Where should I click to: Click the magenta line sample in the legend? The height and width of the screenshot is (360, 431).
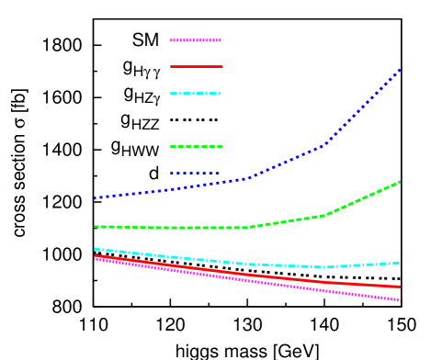tap(196, 40)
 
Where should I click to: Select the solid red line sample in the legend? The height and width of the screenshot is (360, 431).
tap(196, 66)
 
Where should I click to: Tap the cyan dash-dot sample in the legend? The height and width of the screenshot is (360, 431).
tap(196, 93)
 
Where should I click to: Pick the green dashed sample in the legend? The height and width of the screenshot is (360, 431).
tap(196, 146)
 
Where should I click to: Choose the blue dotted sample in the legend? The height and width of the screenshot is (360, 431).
tap(196, 173)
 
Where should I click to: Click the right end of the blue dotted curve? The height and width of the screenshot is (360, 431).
tap(400, 69)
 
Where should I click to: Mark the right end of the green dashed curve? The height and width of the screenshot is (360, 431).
tap(400, 182)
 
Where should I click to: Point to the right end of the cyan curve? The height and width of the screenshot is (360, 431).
tap(400, 263)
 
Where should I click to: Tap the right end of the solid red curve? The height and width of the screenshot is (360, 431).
tap(400, 287)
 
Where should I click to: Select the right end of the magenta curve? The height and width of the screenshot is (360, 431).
tap(400, 300)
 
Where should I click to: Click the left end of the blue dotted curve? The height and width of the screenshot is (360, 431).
tap(95, 197)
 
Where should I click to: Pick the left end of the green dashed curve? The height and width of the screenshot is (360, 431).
tap(95, 226)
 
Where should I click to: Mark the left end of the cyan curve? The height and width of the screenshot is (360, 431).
tap(95, 248)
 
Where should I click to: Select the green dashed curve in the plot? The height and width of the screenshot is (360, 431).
tap(184, 228)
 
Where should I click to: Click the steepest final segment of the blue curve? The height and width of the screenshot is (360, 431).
tap(363, 107)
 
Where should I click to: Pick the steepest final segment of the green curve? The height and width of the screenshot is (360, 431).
tap(363, 198)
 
